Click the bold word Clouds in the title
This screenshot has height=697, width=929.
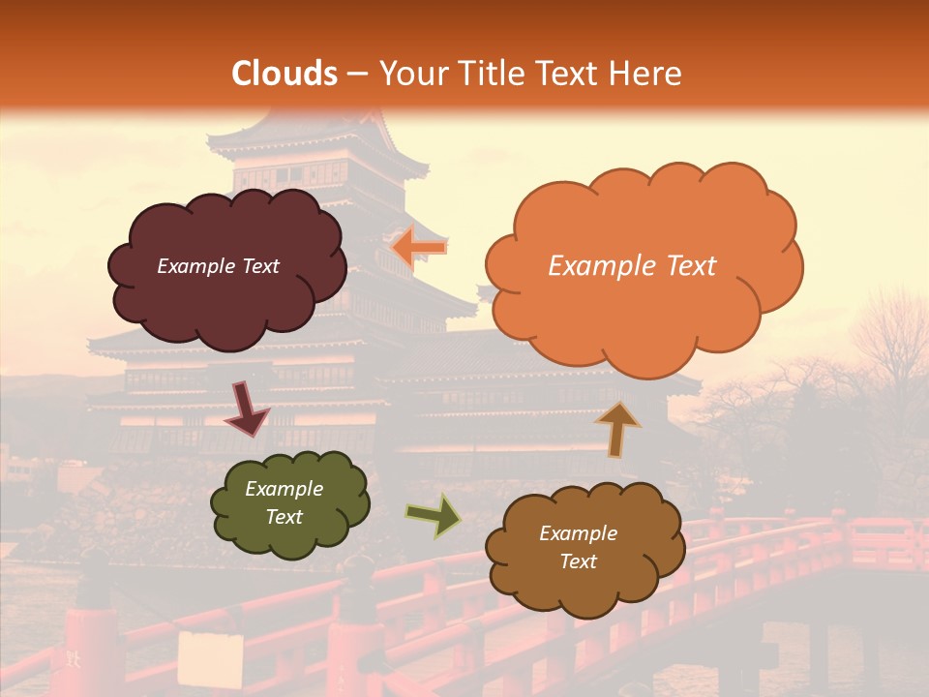tap(285, 74)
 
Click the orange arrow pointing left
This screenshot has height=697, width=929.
tap(419, 248)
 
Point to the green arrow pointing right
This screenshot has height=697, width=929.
tap(433, 516)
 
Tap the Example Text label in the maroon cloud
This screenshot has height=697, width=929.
tap(218, 266)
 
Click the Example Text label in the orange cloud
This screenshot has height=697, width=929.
tap(632, 266)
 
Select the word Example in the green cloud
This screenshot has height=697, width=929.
tap(284, 489)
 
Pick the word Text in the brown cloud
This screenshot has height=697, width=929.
tap(578, 561)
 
